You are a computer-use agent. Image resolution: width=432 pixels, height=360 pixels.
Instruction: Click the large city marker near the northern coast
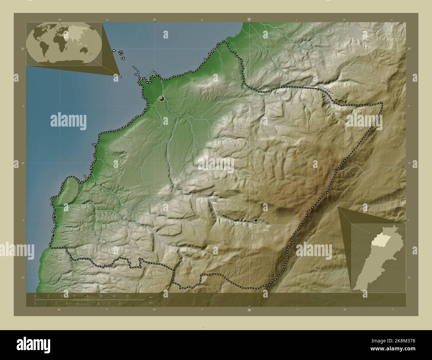click(x=162, y=99)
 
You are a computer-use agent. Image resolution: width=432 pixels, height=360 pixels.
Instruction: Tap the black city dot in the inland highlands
click(x=256, y=220)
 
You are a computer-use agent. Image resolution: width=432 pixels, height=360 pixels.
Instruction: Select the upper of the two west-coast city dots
click(x=54, y=217)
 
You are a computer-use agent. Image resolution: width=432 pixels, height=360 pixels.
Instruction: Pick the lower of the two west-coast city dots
click(x=53, y=235)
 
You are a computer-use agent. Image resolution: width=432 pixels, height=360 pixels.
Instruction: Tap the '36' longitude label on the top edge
click(x=249, y=19)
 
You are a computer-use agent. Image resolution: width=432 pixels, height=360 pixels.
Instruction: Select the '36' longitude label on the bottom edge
click(x=249, y=310)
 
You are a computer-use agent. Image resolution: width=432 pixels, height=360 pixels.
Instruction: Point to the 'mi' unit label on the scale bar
click(x=151, y=303)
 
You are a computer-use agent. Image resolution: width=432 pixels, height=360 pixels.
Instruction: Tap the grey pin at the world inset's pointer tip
click(x=120, y=76)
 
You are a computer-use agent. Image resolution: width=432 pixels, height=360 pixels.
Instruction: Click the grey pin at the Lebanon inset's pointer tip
click(x=338, y=207)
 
